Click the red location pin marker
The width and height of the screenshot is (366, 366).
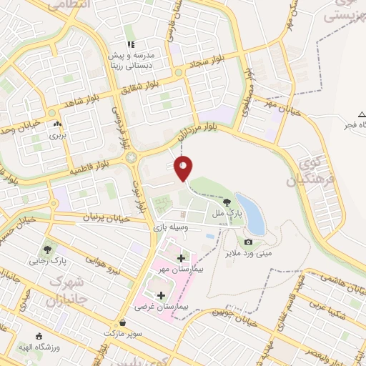(x=184, y=168)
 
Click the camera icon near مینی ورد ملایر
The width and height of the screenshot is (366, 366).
(x=248, y=242)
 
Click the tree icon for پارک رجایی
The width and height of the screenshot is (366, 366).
(x=48, y=249)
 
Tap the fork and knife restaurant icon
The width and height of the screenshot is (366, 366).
(x=131, y=44)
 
